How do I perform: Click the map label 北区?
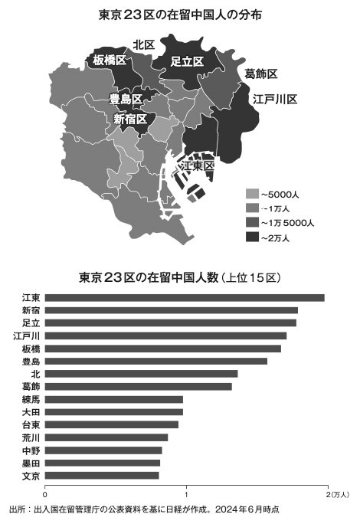click(144, 45)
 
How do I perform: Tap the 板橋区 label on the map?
click(110, 60)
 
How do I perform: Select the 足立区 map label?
click(187, 61)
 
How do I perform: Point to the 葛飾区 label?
click(261, 74)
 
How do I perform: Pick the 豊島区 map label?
click(126, 100)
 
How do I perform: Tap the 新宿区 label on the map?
click(132, 119)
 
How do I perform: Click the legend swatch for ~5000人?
click(252, 194)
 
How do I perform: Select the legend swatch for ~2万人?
click(252, 237)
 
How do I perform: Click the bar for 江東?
click(185, 297)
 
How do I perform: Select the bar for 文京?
click(102, 476)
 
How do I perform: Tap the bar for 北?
click(141, 374)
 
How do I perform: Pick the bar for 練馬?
click(114, 399)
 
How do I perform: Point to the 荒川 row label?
click(31, 437)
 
